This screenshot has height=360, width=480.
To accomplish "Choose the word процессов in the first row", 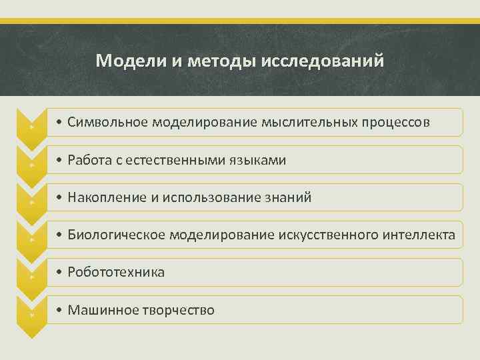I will coord(394,123).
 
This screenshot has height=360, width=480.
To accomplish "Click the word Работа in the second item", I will coord(89,160).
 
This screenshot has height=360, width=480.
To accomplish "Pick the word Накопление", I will coord(103,197).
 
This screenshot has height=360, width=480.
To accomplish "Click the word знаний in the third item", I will coord(288,197).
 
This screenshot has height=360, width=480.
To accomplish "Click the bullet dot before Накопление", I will coord(59,198).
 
